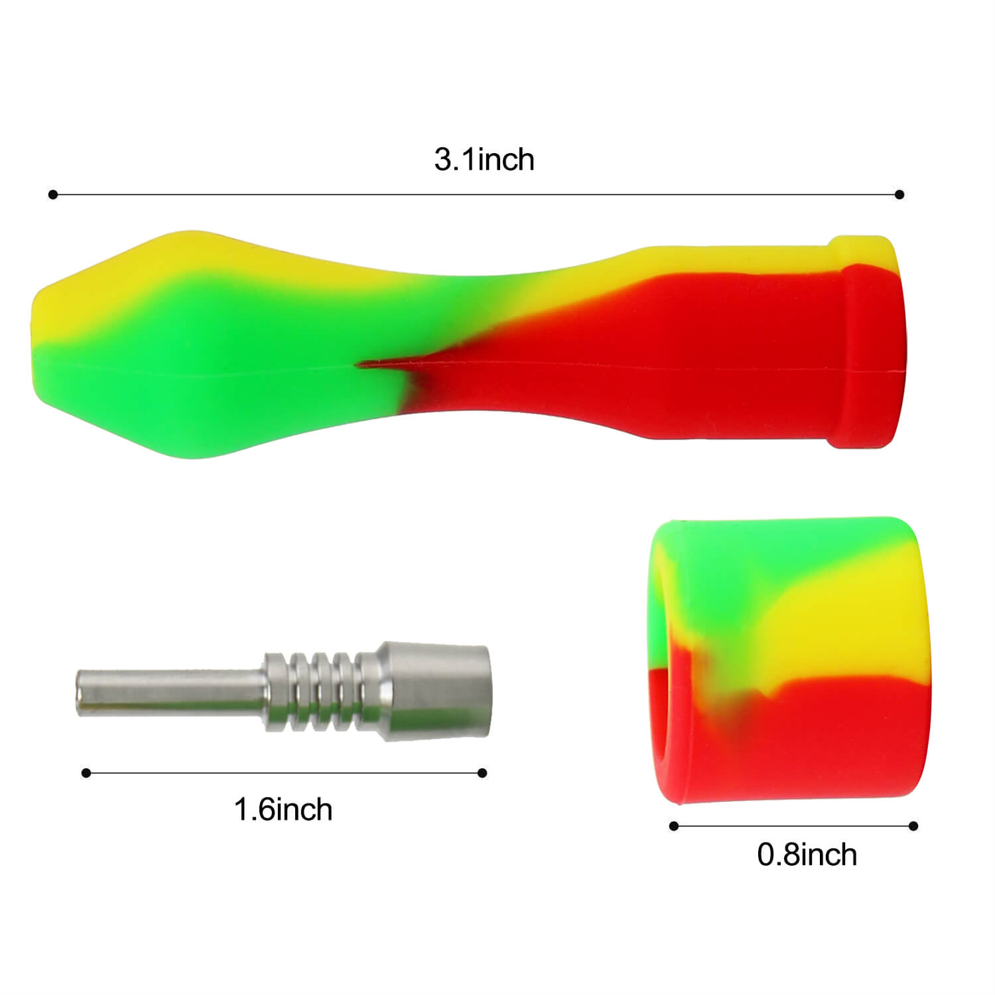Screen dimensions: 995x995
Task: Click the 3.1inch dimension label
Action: pos(484,160)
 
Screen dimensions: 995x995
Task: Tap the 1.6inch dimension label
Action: pos(283,810)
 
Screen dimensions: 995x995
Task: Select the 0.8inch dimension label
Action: pos(807,855)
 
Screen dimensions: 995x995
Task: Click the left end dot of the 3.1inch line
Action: pos(53,194)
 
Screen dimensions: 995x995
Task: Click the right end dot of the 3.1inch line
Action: pos(899,194)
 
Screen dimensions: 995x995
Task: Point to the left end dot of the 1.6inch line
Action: pos(86,773)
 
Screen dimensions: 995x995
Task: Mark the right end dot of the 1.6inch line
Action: pos(482,773)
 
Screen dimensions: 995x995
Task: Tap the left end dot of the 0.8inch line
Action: pos(674,826)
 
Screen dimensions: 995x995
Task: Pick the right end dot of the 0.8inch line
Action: pos(913,826)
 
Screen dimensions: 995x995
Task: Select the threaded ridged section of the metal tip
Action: pos(312,692)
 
